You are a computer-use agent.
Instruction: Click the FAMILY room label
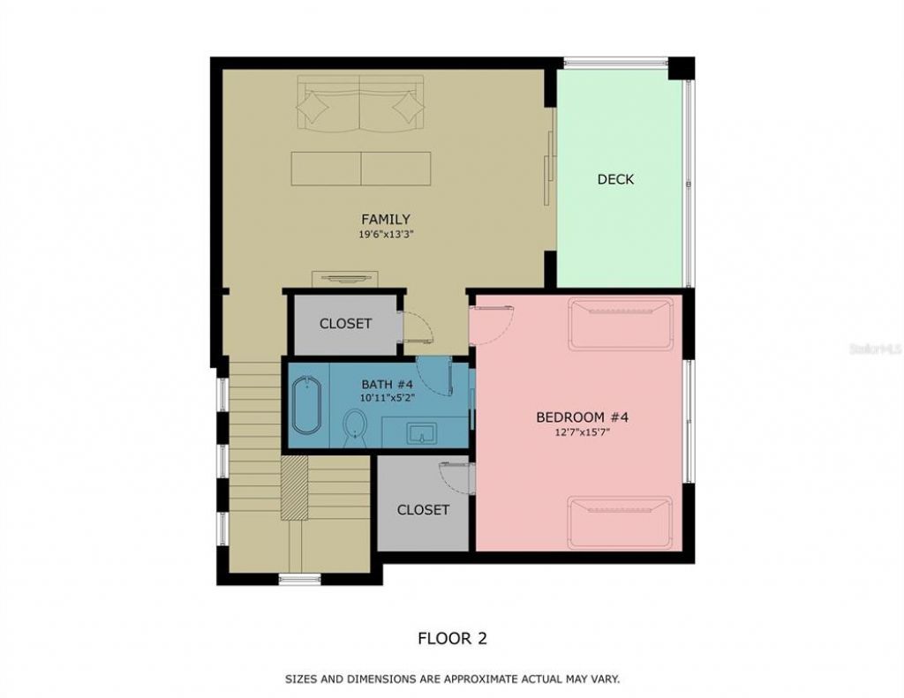(x=385, y=219)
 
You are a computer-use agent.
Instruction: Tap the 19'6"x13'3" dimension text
(x=385, y=236)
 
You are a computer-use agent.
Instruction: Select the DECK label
(x=615, y=179)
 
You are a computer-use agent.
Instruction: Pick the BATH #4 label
(x=387, y=384)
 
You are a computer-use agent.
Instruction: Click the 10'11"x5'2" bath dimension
(x=387, y=398)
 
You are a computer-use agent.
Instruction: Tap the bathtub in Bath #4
(x=306, y=405)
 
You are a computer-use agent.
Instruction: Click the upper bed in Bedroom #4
(x=620, y=323)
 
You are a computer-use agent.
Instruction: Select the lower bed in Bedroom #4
(x=620, y=522)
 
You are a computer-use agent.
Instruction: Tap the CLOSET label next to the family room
(x=345, y=324)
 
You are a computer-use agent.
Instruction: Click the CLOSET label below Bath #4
(x=423, y=510)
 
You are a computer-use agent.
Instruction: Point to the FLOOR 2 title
(x=452, y=638)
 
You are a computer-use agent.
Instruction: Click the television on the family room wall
(x=344, y=279)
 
